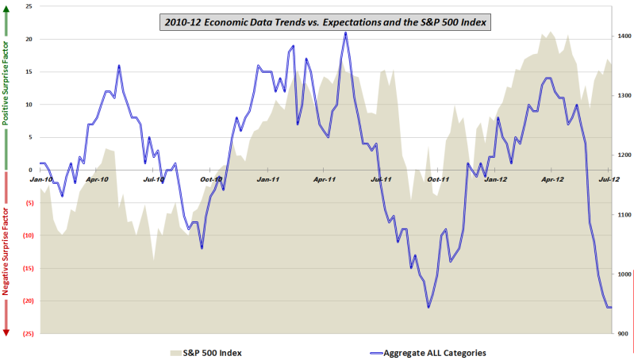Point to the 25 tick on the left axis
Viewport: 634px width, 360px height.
coord(29,6)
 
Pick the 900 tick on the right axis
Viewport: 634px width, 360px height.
coord(623,334)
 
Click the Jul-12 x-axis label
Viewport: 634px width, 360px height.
coord(609,180)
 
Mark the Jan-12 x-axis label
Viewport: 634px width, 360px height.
coord(496,180)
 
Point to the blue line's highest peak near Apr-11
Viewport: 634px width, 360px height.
coord(345,33)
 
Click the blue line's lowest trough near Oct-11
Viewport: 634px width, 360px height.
coord(428,308)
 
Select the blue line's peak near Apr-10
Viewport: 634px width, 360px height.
coord(119,66)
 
